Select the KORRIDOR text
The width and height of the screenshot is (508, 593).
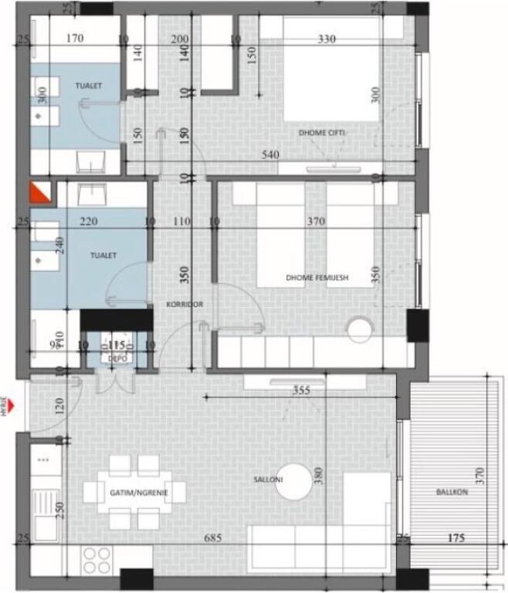click(185, 305)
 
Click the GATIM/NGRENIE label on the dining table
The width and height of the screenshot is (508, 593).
click(136, 491)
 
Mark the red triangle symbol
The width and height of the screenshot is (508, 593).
click(39, 191)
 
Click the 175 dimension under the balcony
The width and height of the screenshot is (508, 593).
click(456, 537)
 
